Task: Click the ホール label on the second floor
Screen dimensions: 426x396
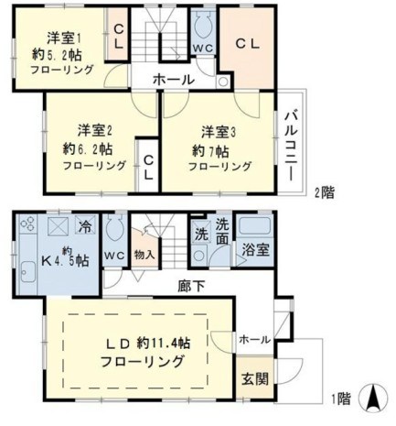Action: [173, 80]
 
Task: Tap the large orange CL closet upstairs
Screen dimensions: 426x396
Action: [247, 43]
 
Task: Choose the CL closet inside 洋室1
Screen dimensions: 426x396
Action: [119, 37]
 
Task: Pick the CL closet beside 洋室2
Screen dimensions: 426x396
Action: [147, 164]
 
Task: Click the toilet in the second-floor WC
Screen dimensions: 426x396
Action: [203, 28]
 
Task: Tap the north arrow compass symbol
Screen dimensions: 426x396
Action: [373, 399]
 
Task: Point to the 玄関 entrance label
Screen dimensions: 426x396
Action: [253, 378]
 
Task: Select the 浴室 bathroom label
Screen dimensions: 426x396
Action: [253, 248]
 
